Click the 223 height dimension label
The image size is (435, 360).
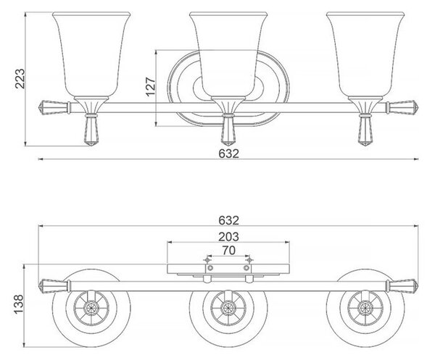20,79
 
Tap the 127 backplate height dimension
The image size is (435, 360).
151,86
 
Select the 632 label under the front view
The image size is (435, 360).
228,154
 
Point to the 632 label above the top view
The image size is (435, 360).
228,220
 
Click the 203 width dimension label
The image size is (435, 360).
228,237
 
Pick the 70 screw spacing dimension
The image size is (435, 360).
228,251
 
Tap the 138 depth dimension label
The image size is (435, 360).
19,304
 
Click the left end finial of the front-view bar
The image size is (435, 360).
54,107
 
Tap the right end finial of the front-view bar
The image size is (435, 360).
402,107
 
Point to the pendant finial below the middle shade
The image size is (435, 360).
228,130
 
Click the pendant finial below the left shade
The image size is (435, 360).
91,130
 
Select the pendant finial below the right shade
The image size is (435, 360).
365,130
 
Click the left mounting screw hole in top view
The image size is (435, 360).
210,268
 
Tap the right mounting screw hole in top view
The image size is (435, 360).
246,268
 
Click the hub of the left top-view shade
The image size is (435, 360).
91,308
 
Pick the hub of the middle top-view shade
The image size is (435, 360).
228,308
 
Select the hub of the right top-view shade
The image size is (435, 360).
365,308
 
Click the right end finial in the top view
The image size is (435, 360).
402,286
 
